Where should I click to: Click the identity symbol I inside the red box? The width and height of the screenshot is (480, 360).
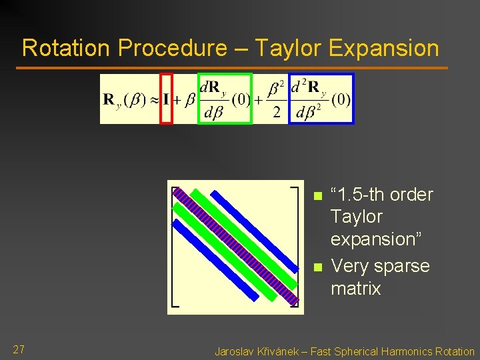[x=166, y=99]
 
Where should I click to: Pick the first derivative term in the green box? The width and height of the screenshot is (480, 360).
[x=225, y=99]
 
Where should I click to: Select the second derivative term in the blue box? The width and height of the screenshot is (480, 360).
[x=321, y=99]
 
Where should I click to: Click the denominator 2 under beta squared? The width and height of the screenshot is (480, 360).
[x=276, y=112]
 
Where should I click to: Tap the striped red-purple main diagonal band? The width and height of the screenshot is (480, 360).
[x=235, y=247]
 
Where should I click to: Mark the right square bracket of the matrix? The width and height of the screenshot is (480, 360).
[x=297, y=247]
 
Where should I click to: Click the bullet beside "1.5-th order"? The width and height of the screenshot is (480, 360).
[x=317, y=196]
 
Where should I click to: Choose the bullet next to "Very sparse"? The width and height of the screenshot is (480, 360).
[x=317, y=267]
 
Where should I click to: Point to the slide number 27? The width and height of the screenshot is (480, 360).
[x=19, y=349]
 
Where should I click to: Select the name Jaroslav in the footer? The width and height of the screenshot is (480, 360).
[x=233, y=351]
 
